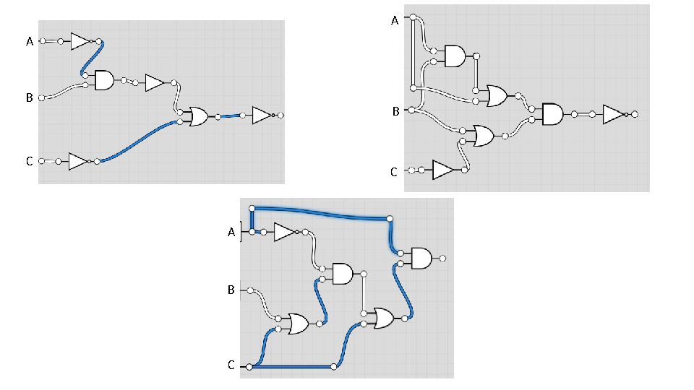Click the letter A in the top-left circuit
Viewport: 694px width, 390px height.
coord(30,42)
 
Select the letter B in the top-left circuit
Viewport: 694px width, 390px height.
coord(30,97)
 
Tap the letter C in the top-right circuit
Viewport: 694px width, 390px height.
coord(394,172)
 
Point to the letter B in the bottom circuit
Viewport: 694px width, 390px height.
coord(231,290)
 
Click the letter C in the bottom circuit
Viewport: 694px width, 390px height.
coord(231,365)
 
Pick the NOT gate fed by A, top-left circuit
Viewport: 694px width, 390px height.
coord(81,41)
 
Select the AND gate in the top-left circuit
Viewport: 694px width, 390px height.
coord(104,80)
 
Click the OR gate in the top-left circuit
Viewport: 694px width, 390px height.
coord(199,116)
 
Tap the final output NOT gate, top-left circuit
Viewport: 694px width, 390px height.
coord(262,115)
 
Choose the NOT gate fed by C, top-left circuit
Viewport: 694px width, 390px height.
coord(79,161)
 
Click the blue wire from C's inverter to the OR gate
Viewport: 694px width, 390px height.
coord(137,141)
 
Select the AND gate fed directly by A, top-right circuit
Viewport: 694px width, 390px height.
coord(455,56)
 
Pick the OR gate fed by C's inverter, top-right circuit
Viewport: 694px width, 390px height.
coord(484,136)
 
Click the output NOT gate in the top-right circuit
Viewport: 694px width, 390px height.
coord(614,115)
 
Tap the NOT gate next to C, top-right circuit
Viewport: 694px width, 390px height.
coord(443,170)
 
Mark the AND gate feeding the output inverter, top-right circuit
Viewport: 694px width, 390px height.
coord(553,114)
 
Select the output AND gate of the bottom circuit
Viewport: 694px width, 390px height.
coord(421,259)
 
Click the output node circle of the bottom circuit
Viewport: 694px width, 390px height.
coord(442,259)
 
